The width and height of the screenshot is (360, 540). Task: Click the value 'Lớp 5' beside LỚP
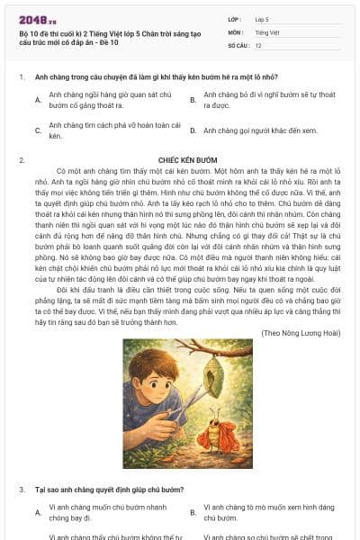coord(263,18)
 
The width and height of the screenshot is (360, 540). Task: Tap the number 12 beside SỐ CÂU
coord(258,45)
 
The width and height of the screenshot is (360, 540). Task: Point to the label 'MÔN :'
coord(237,31)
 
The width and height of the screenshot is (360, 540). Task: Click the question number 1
coord(21,77)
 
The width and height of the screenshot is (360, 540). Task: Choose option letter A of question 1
coord(38,100)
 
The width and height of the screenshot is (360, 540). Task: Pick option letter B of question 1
coord(193,100)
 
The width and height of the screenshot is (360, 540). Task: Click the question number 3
coord(21,490)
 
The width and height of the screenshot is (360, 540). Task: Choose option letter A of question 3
coord(38,512)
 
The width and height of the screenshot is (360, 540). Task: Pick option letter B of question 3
coord(193,512)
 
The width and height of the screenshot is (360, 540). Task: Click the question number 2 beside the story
coord(21,159)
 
